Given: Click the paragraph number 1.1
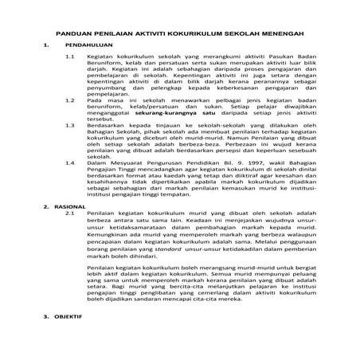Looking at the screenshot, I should click(69, 58).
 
